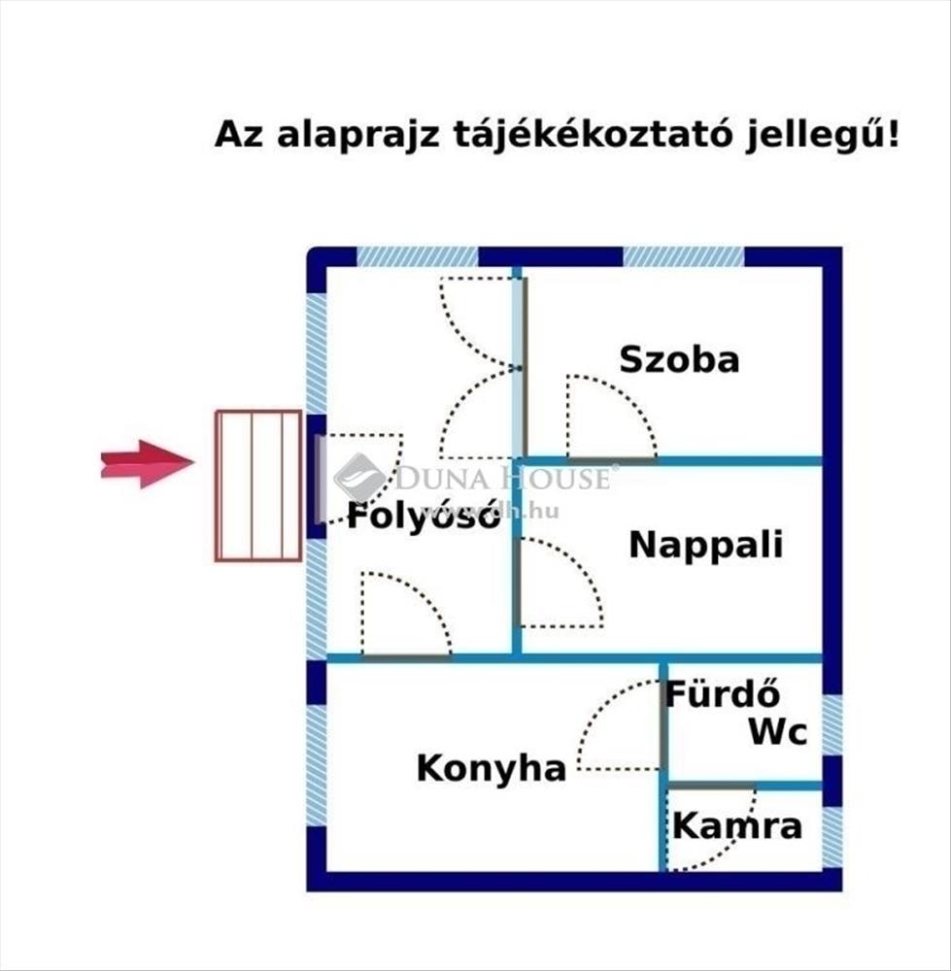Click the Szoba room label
click(x=679, y=360)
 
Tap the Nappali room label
click(x=705, y=545)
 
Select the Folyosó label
click(x=424, y=516)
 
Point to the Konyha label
click(x=491, y=769)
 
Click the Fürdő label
click(x=724, y=695)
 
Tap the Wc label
click(x=777, y=732)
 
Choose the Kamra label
click(x=737, y=827)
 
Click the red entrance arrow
click(x=147, y=463)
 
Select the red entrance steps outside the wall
click(x=258, y=485)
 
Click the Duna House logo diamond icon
click(x=359, y=477)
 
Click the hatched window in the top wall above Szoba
click(x=683, y=257)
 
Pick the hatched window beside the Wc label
click(x=832, y=724)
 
